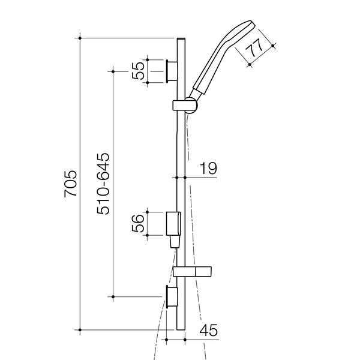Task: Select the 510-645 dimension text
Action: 102,184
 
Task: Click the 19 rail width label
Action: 208,169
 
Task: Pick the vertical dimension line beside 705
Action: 80,184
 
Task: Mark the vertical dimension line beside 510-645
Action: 112,184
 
